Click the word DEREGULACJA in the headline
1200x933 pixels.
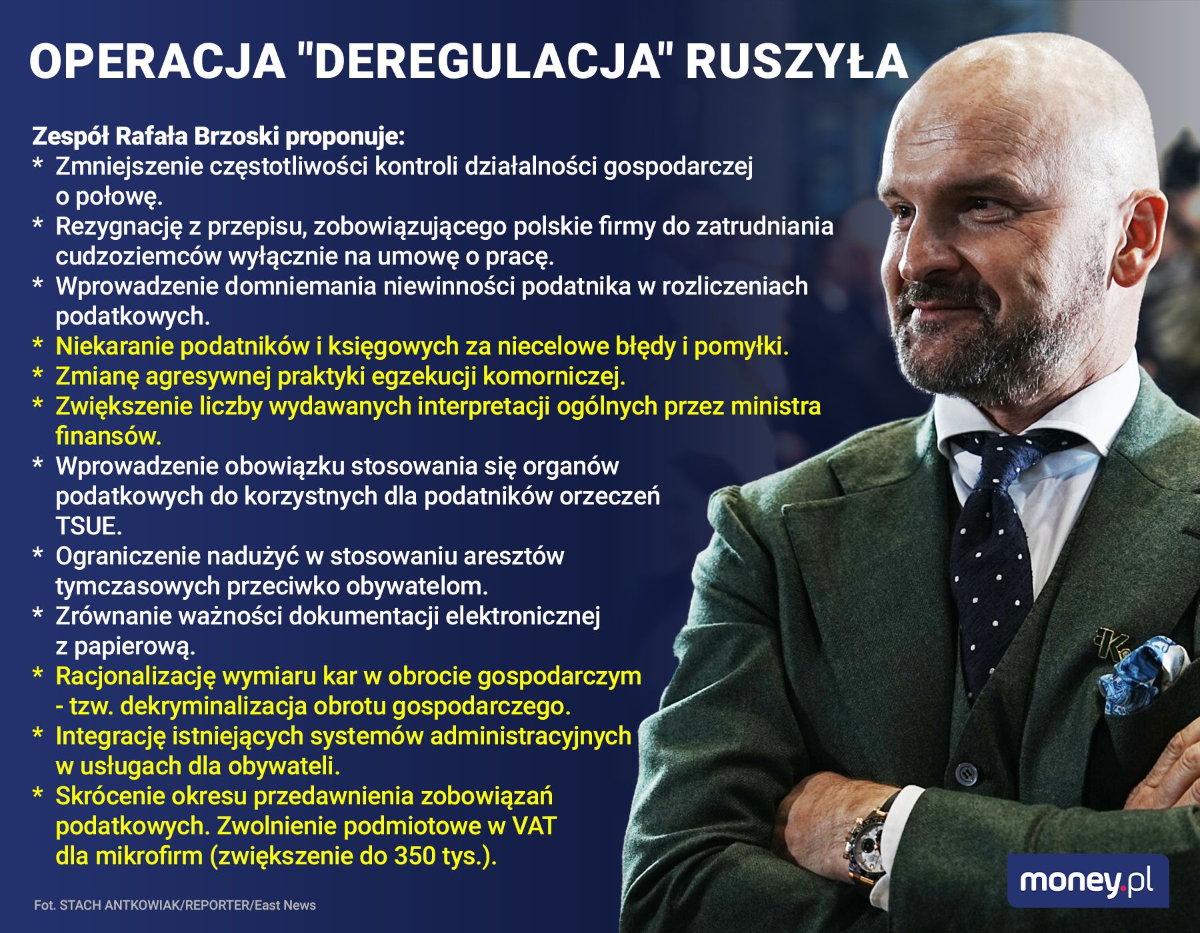(481, 61)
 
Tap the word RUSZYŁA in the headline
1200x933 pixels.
(797, 61)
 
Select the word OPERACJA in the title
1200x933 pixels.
(157, 61)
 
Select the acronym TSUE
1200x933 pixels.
(89, 526)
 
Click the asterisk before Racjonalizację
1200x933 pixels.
(38, 676)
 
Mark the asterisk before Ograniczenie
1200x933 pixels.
(38, 556)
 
